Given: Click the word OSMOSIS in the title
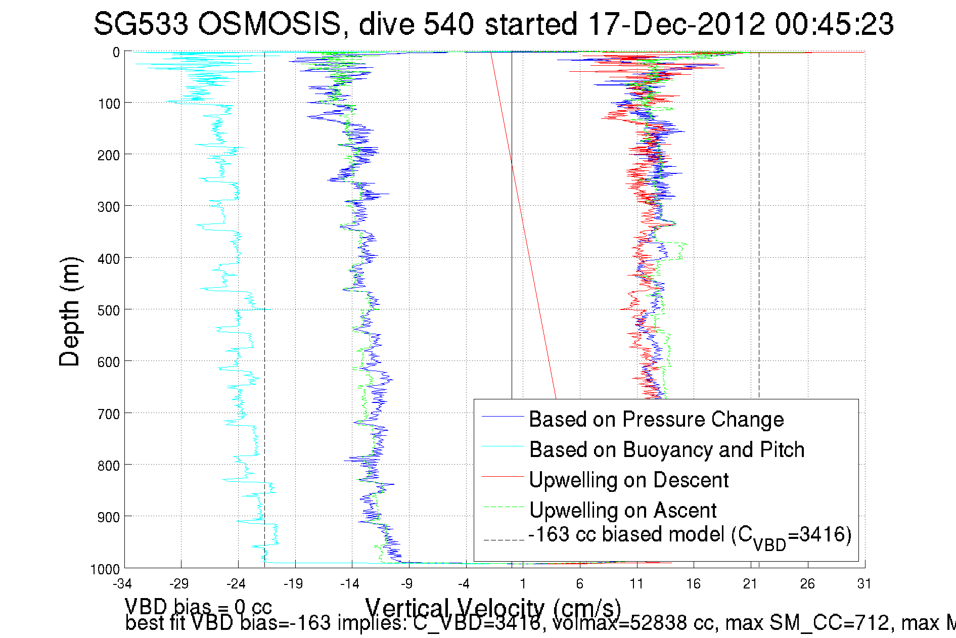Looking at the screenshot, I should (x=269, y=24).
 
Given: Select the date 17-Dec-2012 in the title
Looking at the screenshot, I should (x=677, y=24).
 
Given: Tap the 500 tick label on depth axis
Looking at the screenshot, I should (x=108, y=310).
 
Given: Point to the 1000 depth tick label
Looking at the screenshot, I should (x=105, y=569).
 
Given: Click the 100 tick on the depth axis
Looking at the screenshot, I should (x=108, y=104).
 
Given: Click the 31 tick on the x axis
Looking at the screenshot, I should (x=864, y=584).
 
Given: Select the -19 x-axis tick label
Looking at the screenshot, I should (x=293, y=584).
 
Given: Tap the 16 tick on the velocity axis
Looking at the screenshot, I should (x=693, y=584).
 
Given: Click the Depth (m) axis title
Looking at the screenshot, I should (x=70, y=312).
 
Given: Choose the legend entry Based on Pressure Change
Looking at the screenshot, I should (x=656, y=419).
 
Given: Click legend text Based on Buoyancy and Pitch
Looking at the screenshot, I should (x=666, y=449).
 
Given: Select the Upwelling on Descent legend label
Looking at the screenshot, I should (x=628, y=480).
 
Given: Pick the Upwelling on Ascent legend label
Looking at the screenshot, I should (x=623, y=510).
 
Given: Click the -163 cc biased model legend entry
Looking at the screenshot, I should (x=690, y=536).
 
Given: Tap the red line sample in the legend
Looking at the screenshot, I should (x=503, y=476).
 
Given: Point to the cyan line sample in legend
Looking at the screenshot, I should (x=503, y=446).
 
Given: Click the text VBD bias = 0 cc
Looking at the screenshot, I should (x=198, y=606).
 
